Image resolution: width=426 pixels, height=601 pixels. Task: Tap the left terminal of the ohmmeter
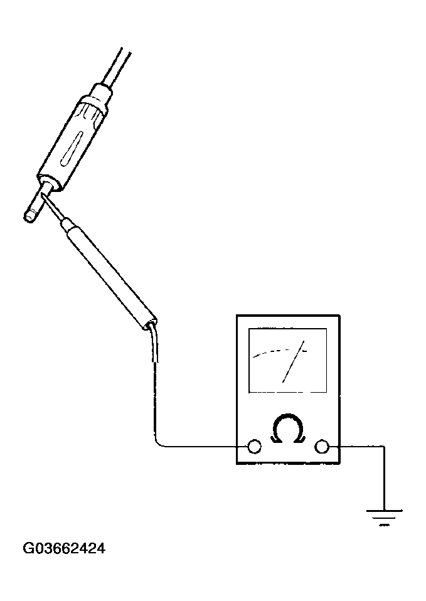click(254, 447)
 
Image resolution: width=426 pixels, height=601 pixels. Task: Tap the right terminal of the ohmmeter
click(321, 447)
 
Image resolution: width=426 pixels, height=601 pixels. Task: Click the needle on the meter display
click(294, 361)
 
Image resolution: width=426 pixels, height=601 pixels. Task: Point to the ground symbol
click(384, 518)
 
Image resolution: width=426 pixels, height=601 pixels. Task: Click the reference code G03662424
click(64, 549)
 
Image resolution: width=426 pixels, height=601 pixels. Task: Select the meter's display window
click(287, 360)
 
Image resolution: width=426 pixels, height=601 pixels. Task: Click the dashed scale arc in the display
click(280, 352)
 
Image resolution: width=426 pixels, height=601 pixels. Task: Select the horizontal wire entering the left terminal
click(203, 447)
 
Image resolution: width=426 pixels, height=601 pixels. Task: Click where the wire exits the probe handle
click(151, 325)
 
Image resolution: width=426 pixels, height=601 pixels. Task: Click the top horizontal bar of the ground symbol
click(384, 510)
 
